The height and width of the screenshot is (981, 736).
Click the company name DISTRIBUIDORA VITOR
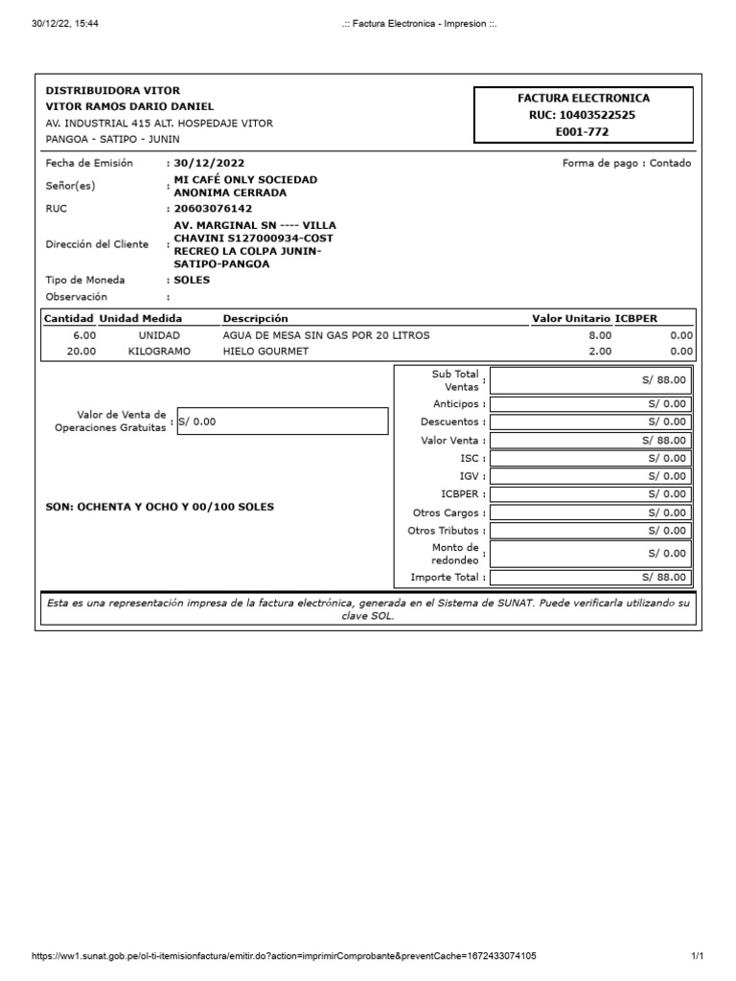pos(112,90)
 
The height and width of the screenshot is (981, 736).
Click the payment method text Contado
pos(670,164)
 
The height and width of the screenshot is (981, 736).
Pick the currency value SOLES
pos(192,280)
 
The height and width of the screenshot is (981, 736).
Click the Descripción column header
pos(255,318)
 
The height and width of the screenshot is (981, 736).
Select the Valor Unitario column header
pos(571,318)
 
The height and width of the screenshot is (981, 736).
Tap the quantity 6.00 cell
pos(84,335)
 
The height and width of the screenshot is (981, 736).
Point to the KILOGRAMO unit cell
pos(159,352)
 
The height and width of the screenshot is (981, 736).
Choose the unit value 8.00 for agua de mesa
pos(599,335)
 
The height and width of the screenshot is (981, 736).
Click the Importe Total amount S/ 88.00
pos(664,578)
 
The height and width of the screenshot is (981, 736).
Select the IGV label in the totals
pos(470,476)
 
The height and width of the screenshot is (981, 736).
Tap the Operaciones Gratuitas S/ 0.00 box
pos(283,422)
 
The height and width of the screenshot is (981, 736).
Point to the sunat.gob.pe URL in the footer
pos(284,956)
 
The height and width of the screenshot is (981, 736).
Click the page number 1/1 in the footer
pos(697,956)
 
